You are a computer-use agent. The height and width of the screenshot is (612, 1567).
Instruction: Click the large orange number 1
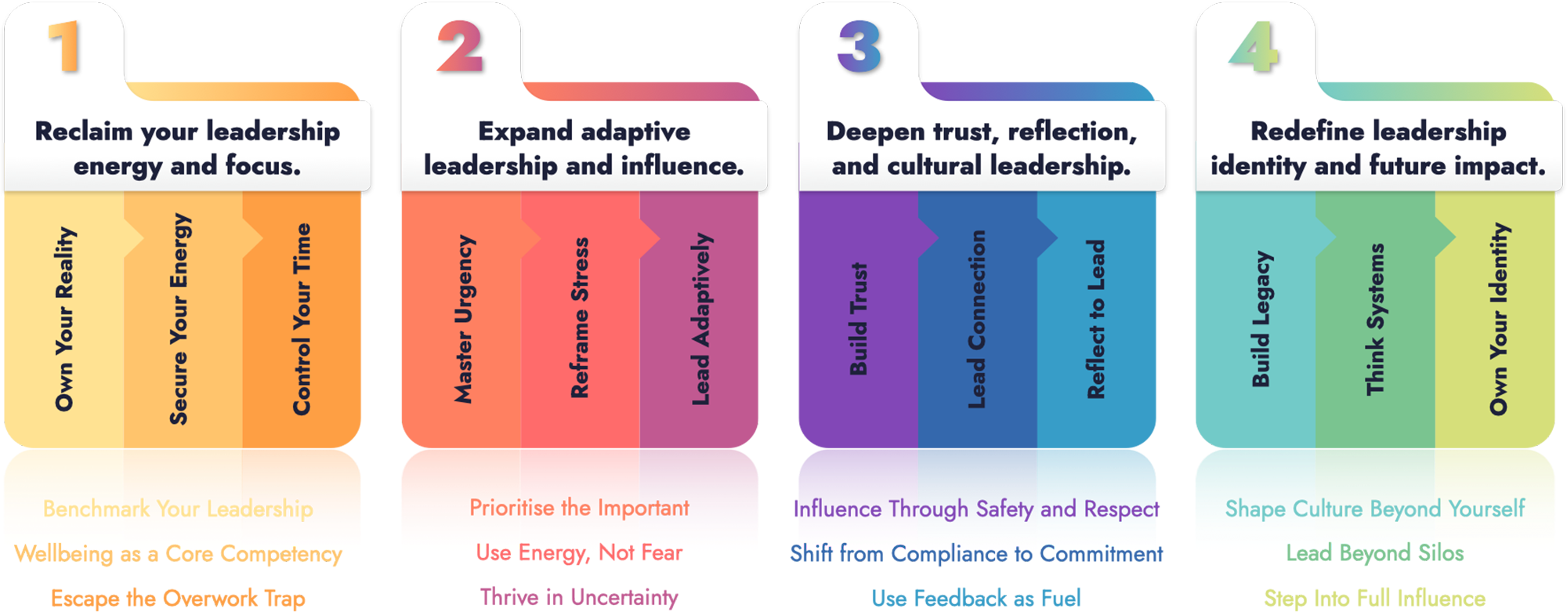click(x=64, y=46)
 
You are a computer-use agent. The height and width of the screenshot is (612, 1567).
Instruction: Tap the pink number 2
click(x=460, y=46)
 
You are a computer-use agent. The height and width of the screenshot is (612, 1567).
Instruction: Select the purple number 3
click(x=859, y=46)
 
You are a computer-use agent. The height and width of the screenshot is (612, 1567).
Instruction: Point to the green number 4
click(x=1255, y=46)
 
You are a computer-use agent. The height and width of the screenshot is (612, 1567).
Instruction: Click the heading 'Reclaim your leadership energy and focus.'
click(x=187, y=148)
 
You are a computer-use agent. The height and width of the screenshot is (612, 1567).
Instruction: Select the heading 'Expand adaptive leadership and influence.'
click(x=584, y=148)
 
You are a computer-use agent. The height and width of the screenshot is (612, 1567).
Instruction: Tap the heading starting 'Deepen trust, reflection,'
click(x=982, y=148)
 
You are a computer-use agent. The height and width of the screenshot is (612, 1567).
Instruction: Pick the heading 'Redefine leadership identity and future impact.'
click(x=1378, y=148)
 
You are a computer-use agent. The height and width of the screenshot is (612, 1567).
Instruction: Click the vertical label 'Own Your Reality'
click(x=64, y=319)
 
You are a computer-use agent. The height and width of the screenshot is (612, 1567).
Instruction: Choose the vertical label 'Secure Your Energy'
click(x=179, y=319)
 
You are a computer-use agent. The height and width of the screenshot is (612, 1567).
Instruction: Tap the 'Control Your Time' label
click(x=302, y=319)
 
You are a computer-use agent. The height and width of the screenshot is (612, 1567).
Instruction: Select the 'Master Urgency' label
click(x=464, y=319)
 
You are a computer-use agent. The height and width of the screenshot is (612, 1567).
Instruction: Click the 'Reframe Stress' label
click(x=579, y=318)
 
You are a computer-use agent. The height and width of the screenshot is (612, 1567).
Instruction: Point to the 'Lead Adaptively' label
click(x=701, y=319)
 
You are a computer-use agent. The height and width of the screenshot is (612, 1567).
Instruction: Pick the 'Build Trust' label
click(x=859, y=319)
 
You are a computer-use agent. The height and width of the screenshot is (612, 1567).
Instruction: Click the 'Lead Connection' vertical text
click(x=977, y=319)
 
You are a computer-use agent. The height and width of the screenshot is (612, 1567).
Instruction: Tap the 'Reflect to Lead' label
click(x=1096, y=319)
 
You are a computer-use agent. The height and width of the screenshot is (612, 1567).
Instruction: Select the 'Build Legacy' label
click(x=1261, y=319)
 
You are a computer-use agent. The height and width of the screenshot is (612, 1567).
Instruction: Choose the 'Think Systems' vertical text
click(x=1375, y=319)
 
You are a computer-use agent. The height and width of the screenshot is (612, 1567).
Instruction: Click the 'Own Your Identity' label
click(x=1498, y=319)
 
